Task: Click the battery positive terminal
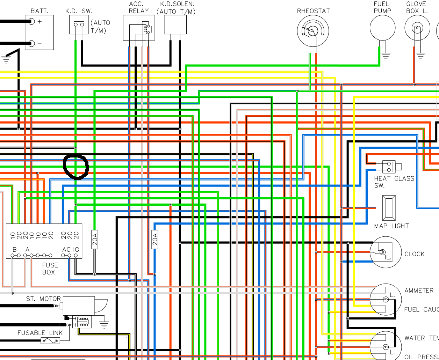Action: point(32,22)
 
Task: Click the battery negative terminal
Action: point(32,44)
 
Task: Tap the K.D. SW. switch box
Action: point(79,25)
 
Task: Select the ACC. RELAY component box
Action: point(139,28)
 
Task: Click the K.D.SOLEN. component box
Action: point(175,24)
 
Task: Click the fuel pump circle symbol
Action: point(382,28)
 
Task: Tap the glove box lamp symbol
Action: point(417,28)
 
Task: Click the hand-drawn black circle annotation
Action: point(76,167)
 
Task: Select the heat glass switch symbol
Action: point(389,167)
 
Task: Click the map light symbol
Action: point(389,208)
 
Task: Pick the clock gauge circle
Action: point(386,252)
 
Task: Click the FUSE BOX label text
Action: point(50,269)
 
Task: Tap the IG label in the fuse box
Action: point(76,250)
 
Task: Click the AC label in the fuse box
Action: point(66,250)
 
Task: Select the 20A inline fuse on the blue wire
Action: point(155,239)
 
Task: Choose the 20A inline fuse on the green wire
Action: point(95,239)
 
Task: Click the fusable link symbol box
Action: point(50,341)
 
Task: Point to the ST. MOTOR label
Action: point(43,299)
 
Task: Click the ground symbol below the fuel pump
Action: point(386,56)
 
